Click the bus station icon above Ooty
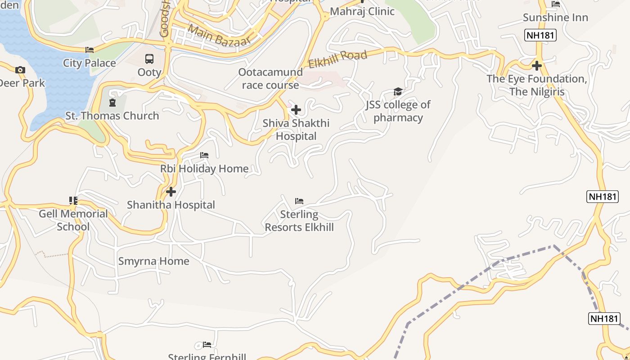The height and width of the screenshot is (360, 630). pos(149,58)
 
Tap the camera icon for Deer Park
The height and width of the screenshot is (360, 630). pos(20,70)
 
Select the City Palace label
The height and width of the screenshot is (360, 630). pos(89,63)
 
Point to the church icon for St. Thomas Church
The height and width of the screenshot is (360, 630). pos(112,103)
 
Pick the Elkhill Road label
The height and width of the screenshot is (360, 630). pos(337,59)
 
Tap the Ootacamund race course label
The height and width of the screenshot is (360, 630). pos(270,79)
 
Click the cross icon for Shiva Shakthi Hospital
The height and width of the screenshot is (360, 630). pos(296,109)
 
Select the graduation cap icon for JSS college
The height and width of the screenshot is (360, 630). pos(398,92)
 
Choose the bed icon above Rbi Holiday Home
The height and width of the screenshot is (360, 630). pos(204,155)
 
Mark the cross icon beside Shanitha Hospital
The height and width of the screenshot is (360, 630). pos(171,192)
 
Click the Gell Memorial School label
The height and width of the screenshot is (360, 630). pos(73,220)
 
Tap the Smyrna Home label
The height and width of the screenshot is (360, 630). pos(153,261)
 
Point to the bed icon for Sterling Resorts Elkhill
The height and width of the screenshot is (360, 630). pos(299,201)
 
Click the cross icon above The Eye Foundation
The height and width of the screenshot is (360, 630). pos(536,66)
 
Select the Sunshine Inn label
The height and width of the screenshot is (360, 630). pos(555,18)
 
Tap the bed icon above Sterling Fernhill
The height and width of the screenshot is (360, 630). pos(207,345)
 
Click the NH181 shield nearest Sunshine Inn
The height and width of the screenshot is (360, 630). pos(540,35)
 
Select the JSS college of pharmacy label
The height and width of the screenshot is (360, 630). pos(398,111)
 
